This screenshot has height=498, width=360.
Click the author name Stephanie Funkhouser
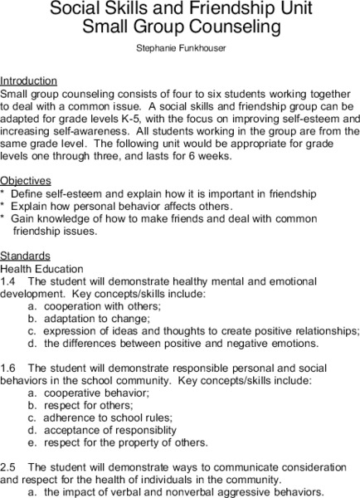179,50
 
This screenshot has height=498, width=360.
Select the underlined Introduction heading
28,81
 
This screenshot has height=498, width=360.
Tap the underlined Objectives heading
26,180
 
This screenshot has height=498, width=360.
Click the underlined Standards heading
25,256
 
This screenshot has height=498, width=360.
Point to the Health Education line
41,269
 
